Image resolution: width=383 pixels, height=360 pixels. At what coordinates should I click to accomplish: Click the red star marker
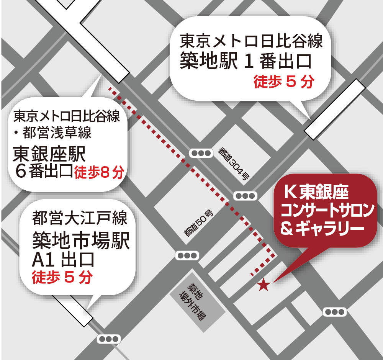coord(264,285)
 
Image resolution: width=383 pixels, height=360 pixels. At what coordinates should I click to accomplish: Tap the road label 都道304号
coord(234,164)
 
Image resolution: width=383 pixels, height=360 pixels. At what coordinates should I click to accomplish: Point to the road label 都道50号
coord(198,224)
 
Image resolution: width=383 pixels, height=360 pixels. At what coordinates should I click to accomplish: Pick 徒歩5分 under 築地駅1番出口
coord(283,82)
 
